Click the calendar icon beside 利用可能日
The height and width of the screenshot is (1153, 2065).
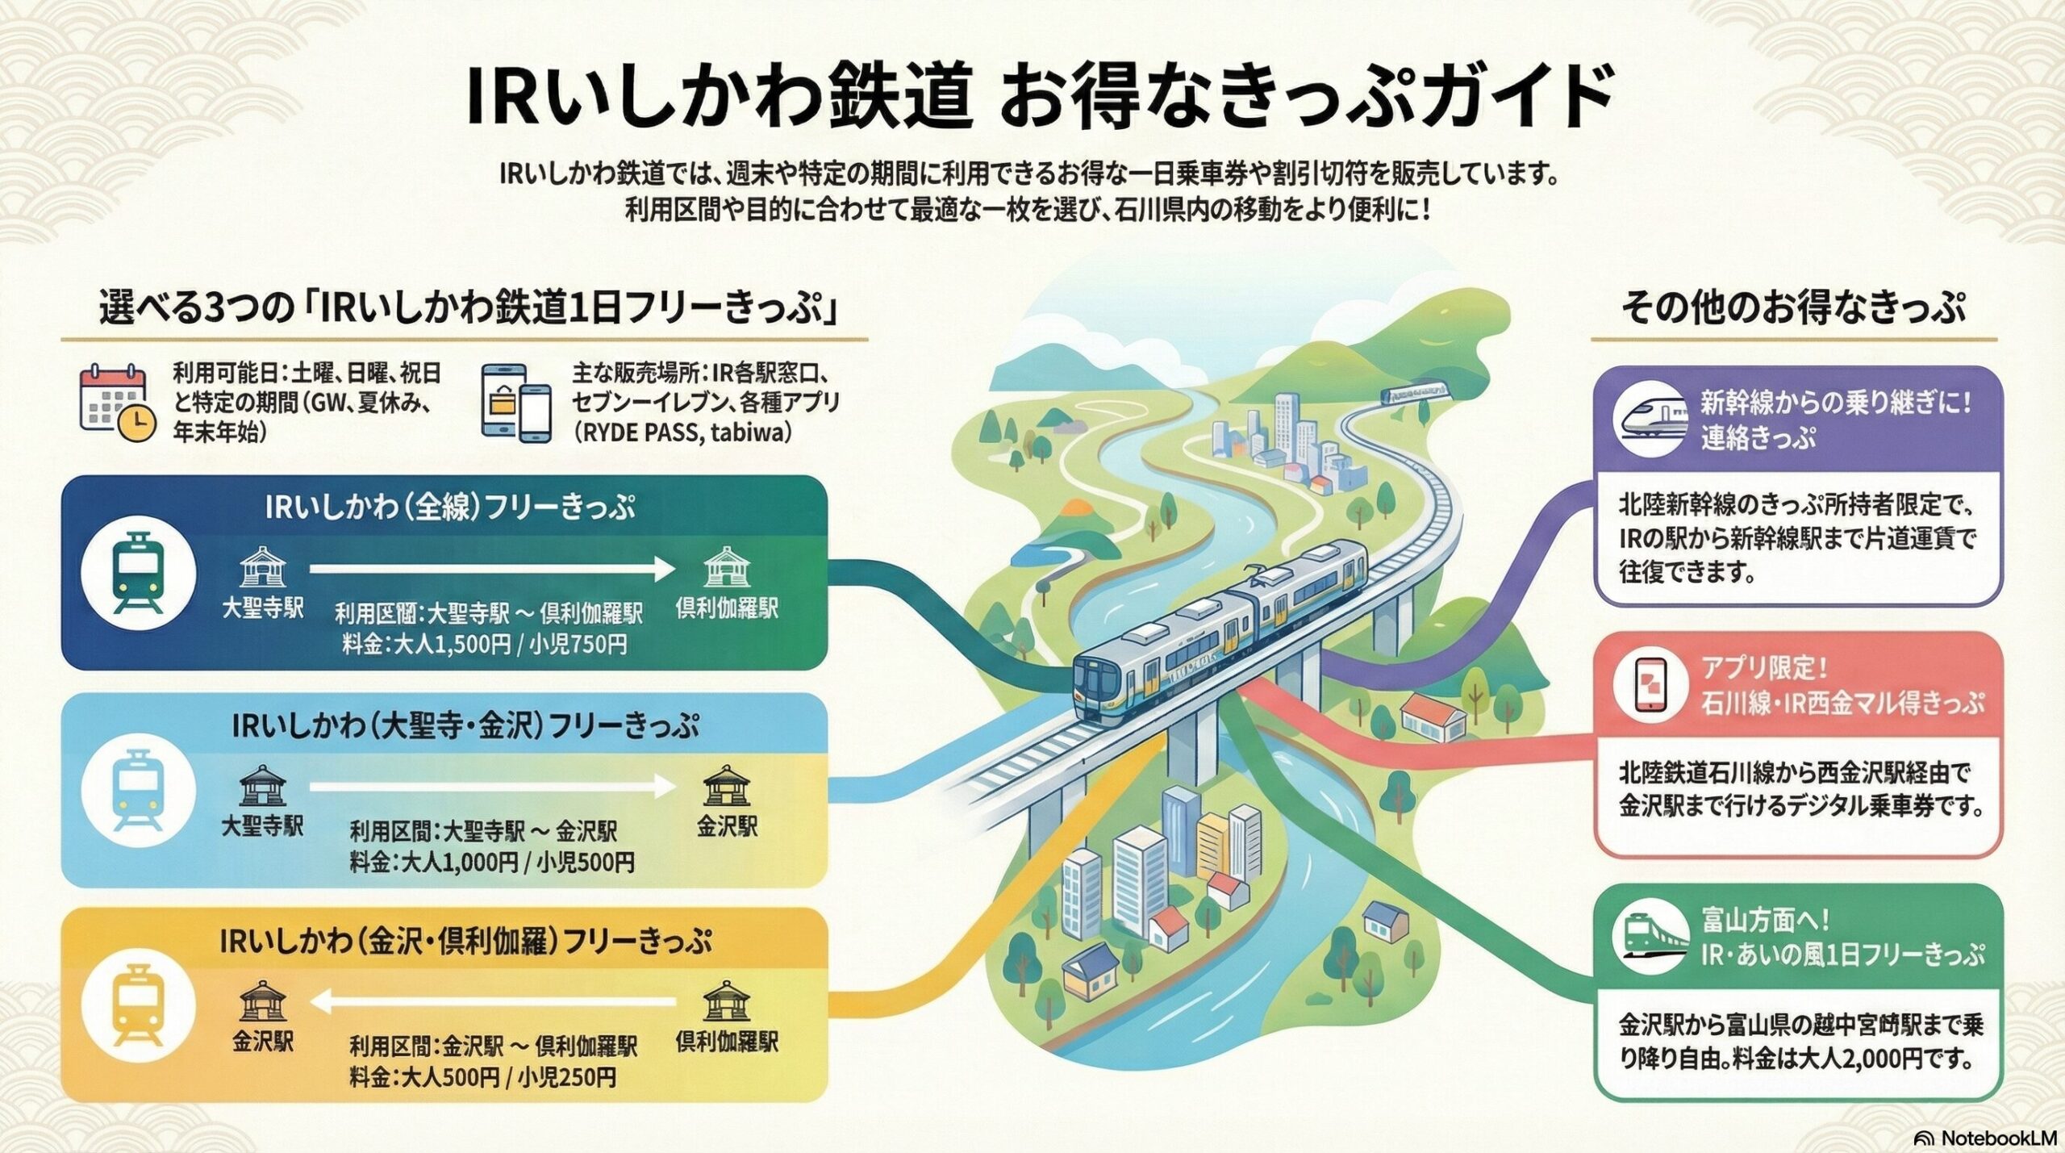[117, 403]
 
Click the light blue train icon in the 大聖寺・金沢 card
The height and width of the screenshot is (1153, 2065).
[139, 789]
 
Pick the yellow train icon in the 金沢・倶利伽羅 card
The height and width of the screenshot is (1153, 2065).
[139, 1006]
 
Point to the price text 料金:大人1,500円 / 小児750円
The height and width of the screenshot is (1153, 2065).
[484, 645]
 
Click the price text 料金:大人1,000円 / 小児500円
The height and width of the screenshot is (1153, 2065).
[491, 862]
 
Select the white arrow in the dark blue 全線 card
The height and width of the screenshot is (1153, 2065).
[491, 570]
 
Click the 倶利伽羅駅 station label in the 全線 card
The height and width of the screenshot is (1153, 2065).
[727, 608]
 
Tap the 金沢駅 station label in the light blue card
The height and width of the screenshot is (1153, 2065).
[727, 826]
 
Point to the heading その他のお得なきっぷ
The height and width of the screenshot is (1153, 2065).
[1792, 309]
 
